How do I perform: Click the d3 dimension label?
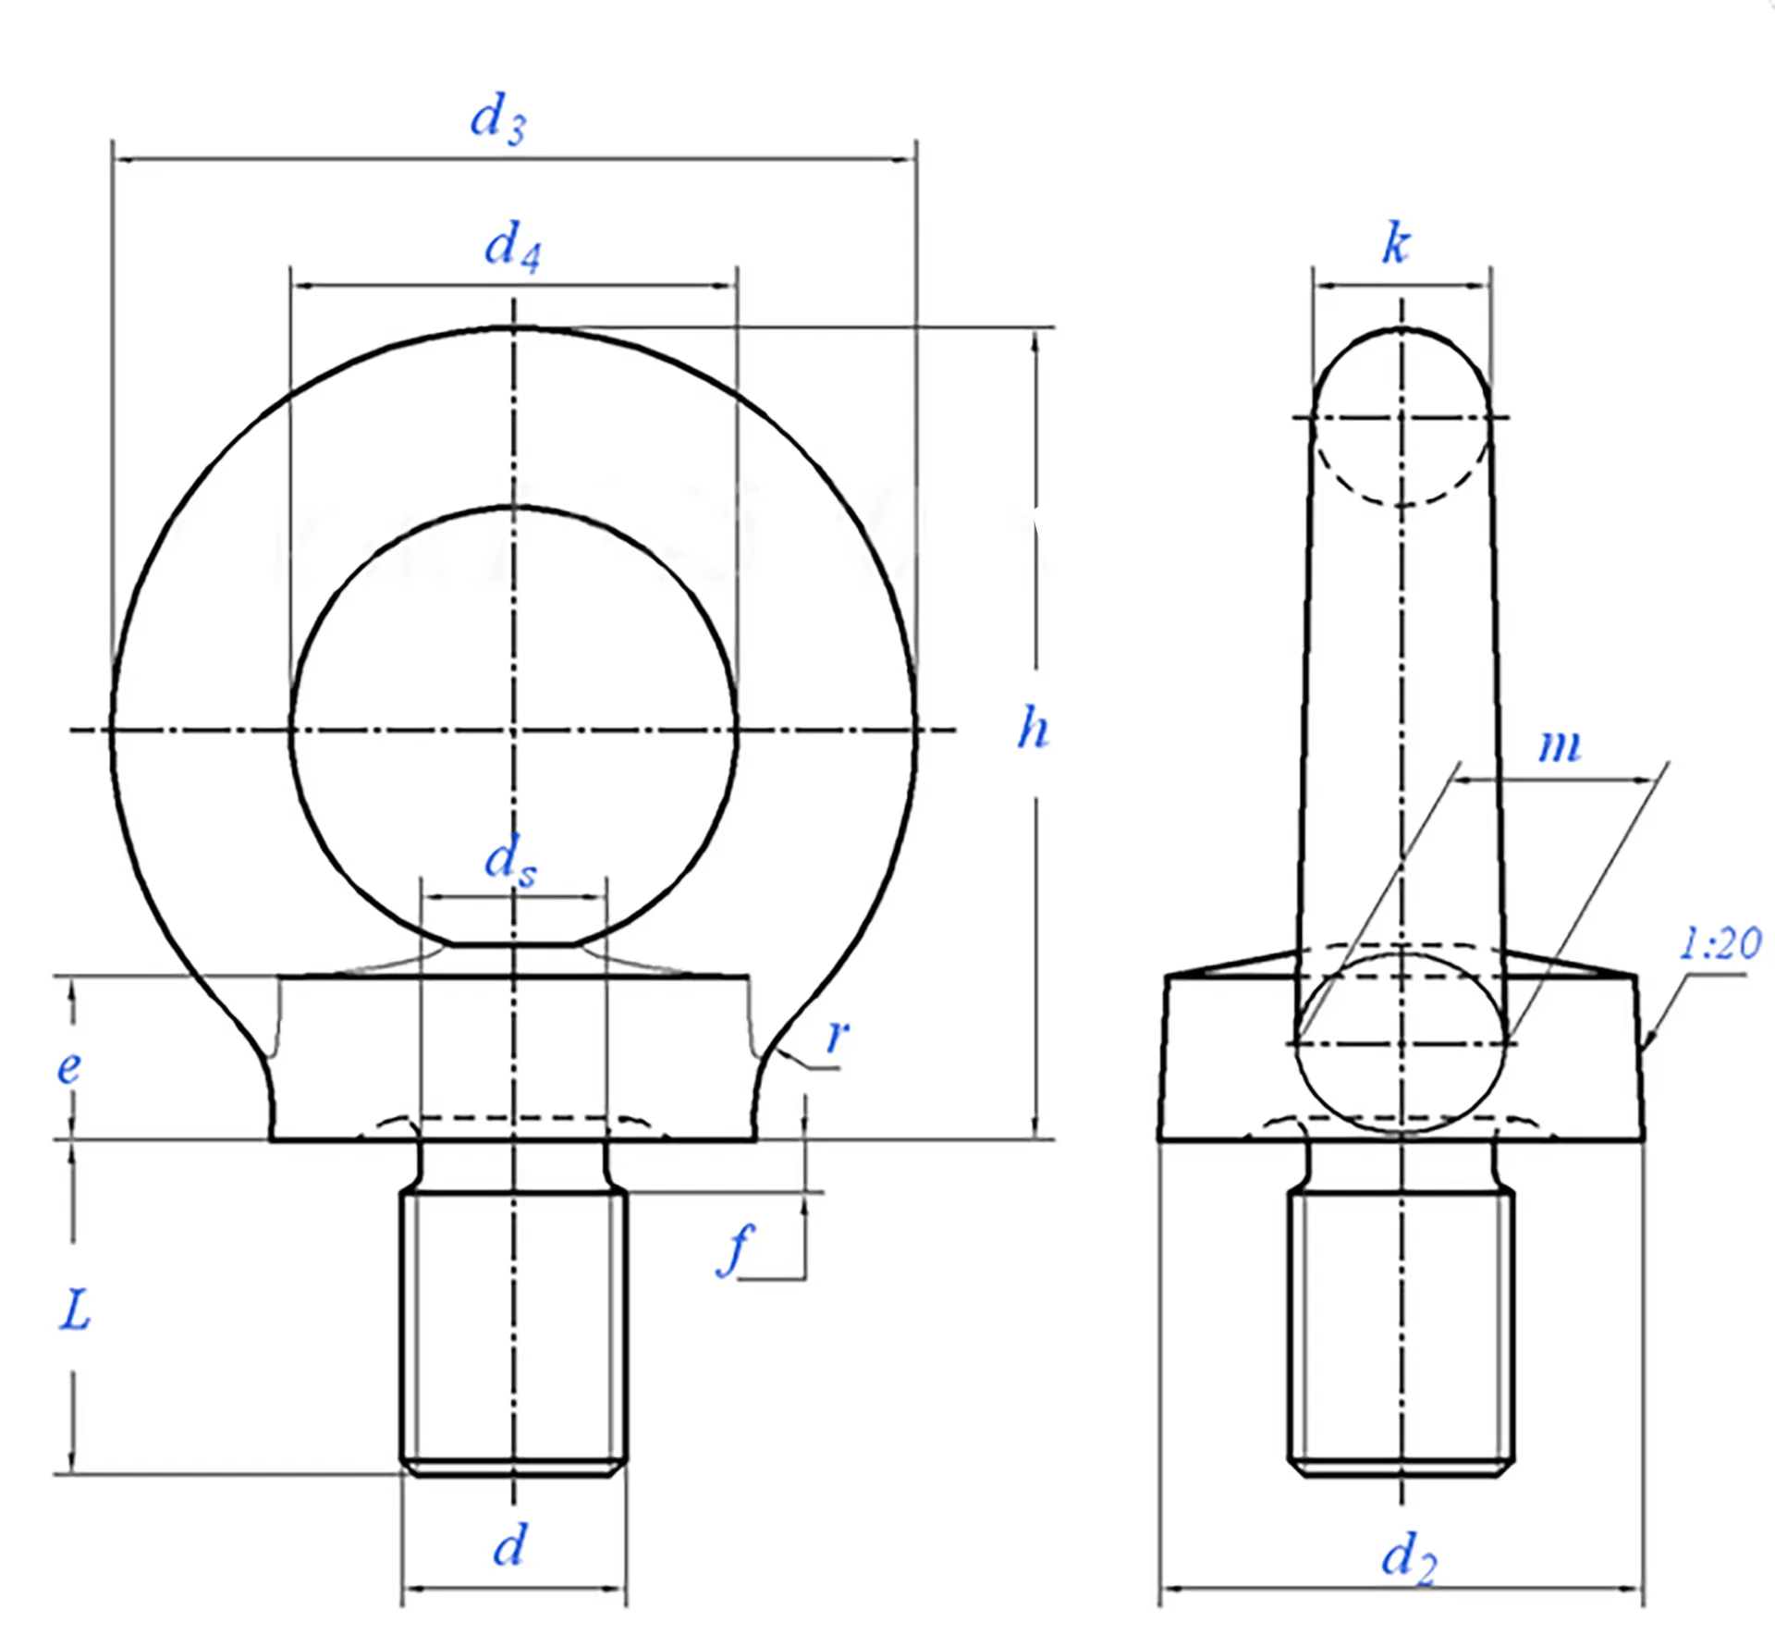pyautogui.click(x=497, y=119)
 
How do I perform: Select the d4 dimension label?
pyautogui.click(x=511, y=247)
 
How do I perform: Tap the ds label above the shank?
pyautogui.click(x=509, y=861)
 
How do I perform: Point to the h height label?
pyautogui.click(x=1033, y=728)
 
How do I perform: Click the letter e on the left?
pyautogui.click(x=68, y=1068)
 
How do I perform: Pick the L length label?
pyautogui.click(x=75, y=1310)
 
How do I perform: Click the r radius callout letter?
pyautogui.click(x=837, y=1035)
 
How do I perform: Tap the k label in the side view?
pyautogui.click(x=1396, y=244)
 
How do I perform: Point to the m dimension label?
pyautogui.click(x=1560, y=745)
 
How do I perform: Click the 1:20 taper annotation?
pyautogui.click(x=1720, y=944)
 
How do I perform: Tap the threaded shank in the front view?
pyautogui.click(x=514, y=1332)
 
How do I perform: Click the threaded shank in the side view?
pyautogui.click(x=1401, y=1332)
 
